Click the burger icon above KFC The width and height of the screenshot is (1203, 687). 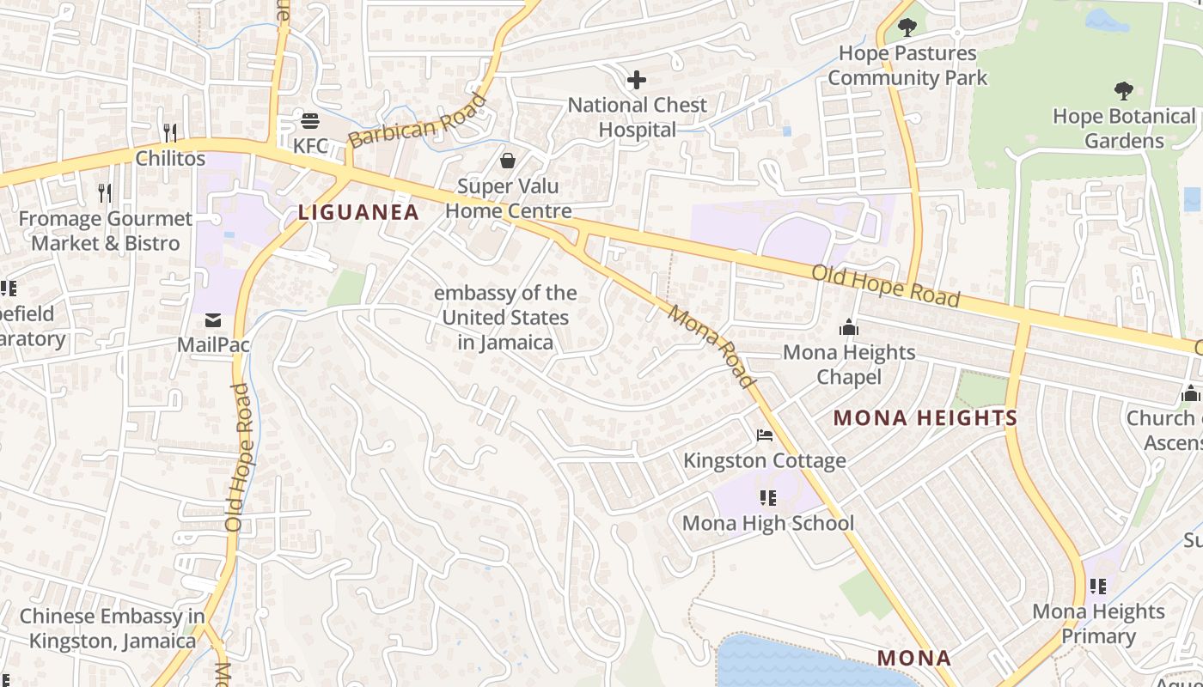(x=310, y=120)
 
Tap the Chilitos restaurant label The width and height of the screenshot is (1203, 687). (x=170, y=158)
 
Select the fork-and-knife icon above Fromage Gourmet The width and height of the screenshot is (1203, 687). (x=105, y=192)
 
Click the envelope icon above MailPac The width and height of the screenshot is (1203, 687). (x=213, y=320)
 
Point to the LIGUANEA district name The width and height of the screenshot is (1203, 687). (x=358, y=212)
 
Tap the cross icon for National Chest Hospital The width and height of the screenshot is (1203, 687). (x=637, y=81)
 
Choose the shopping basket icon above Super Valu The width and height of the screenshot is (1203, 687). (x=508, y=161)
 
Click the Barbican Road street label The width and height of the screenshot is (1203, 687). (x=418, y=121)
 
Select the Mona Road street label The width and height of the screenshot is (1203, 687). (x=711, y=346)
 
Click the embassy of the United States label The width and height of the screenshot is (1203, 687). (x=505, y=318)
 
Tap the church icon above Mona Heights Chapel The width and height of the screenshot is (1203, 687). (x=849, y=327)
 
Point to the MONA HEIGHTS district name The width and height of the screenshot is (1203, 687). (x=925, y=418)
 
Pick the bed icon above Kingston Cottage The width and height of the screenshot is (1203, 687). (x=765, y=435)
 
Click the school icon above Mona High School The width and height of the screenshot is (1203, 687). (x=768, y=498)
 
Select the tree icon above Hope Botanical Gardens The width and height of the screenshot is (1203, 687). (x=1123, y=91)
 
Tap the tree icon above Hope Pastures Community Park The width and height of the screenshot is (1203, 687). (x=907, y=27)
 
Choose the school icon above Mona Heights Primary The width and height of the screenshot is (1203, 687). (x=1098, y=587)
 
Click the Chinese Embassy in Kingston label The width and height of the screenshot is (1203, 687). (x=112, y=629)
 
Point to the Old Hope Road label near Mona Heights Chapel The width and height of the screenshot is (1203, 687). (x=886, y=286)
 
